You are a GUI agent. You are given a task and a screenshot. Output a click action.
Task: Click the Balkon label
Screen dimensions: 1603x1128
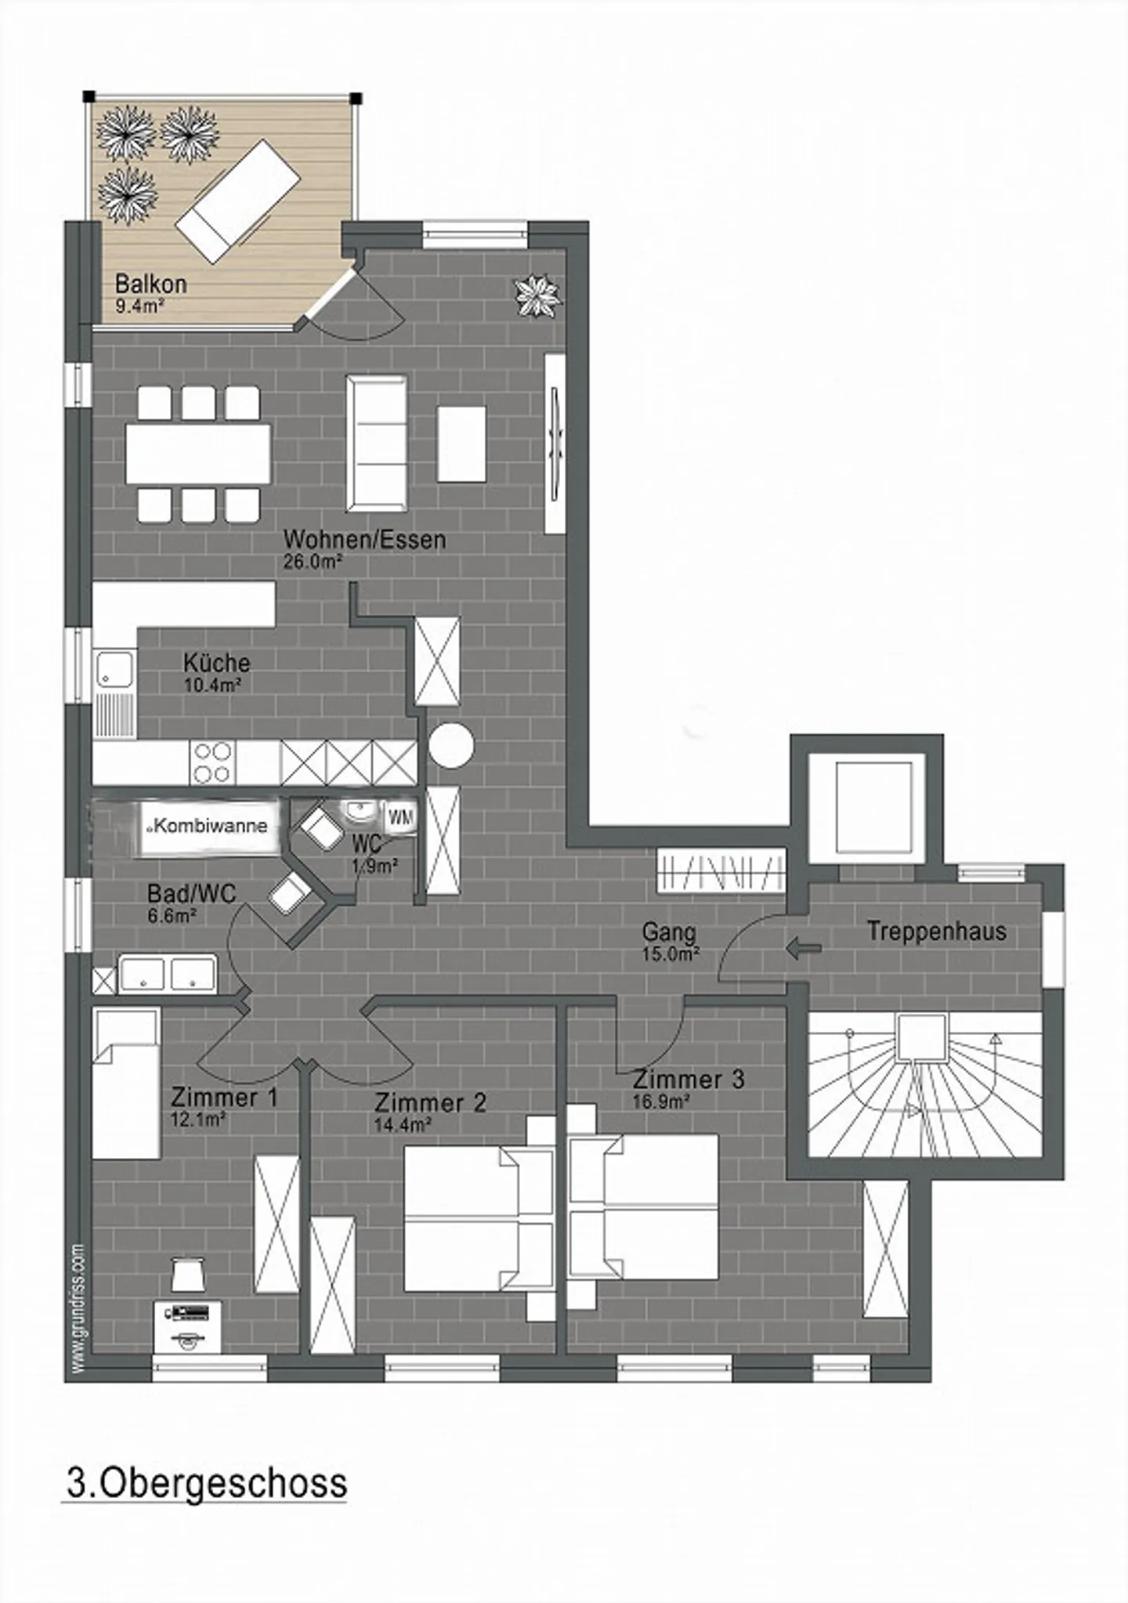coord(150,283)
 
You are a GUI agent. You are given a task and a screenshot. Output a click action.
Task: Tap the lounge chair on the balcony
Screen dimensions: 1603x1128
coord(238,201)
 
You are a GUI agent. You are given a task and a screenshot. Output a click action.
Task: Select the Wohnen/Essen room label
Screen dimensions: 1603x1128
coord(364,540)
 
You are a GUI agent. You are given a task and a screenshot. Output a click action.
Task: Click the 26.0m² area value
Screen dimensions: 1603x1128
coord(313,562)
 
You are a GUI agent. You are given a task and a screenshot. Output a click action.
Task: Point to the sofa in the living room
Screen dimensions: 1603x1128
coord(377,443)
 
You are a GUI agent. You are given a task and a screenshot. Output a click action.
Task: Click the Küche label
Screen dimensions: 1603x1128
coord(216,663)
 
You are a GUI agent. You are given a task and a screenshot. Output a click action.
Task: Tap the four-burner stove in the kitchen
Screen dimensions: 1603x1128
coord(212,762)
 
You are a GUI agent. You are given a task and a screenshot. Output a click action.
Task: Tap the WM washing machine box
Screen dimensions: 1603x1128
coord(401,818)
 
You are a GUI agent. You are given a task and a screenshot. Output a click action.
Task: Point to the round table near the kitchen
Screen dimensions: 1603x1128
coord(451,745)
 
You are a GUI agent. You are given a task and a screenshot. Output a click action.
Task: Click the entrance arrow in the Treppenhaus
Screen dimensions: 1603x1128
coord(803,949)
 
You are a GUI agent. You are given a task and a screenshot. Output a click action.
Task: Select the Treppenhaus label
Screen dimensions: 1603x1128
coord(936,932)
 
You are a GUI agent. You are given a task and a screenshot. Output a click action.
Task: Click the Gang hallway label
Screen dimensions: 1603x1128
coord(668,932)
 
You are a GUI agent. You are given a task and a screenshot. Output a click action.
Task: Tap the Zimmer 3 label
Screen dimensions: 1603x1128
coord(688,1079)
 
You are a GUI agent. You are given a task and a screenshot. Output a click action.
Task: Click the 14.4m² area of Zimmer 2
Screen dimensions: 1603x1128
coord(403,1125)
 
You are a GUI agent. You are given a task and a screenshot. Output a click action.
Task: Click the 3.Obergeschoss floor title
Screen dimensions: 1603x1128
coord(206,1484)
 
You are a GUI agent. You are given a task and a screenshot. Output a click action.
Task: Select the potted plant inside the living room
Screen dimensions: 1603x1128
coord(537,295)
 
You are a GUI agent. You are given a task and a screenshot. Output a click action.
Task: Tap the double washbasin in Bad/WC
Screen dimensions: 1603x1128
coord(167,974)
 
